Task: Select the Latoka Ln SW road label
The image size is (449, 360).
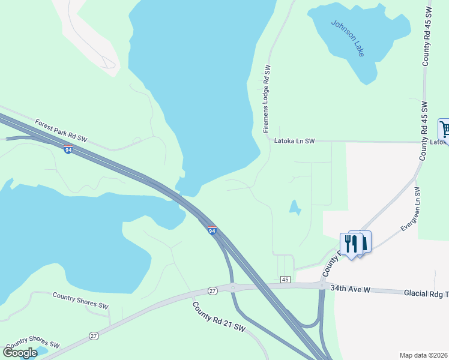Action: click(x=294, y=142)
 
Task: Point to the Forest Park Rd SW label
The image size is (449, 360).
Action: click(x=61, y=130)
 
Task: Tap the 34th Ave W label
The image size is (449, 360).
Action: click(x=351, y=290)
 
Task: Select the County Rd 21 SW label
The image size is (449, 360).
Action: click(x=219, y=317)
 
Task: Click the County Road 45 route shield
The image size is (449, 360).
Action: click(x=285, y=280)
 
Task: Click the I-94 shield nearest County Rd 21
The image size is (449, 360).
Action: click(x=212, y=230)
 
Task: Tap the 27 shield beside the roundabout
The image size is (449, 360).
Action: click(x=212, y=290)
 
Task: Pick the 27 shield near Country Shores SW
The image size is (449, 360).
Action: click(x=93, y=335)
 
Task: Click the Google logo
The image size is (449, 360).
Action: click(x=20, y=352)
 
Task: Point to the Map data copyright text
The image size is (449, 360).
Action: click(x=423, y=355)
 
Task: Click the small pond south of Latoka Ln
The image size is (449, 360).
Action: click(x=295, y=207)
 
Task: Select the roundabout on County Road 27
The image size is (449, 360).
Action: click(x=233, y=288)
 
